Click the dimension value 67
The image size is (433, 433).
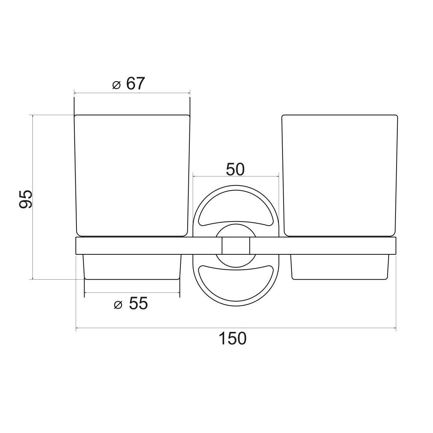[135, 84]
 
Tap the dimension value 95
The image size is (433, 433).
[26, 199]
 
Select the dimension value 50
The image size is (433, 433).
[235, 170]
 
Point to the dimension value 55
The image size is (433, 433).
[139, 303]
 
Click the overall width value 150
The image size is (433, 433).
[232, 338]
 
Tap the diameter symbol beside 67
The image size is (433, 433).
[117, 85]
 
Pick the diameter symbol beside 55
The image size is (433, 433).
[118, 305]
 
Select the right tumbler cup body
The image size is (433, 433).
[340, 175]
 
